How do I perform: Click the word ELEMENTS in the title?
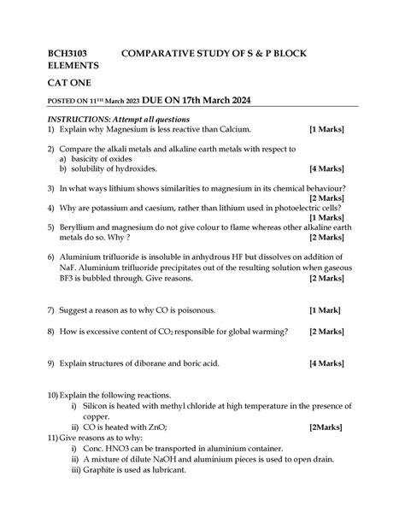pos(73,65)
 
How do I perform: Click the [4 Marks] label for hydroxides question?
pos(327,169)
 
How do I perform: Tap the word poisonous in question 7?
pos(182,309)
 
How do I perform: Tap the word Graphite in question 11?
pos(101,469)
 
